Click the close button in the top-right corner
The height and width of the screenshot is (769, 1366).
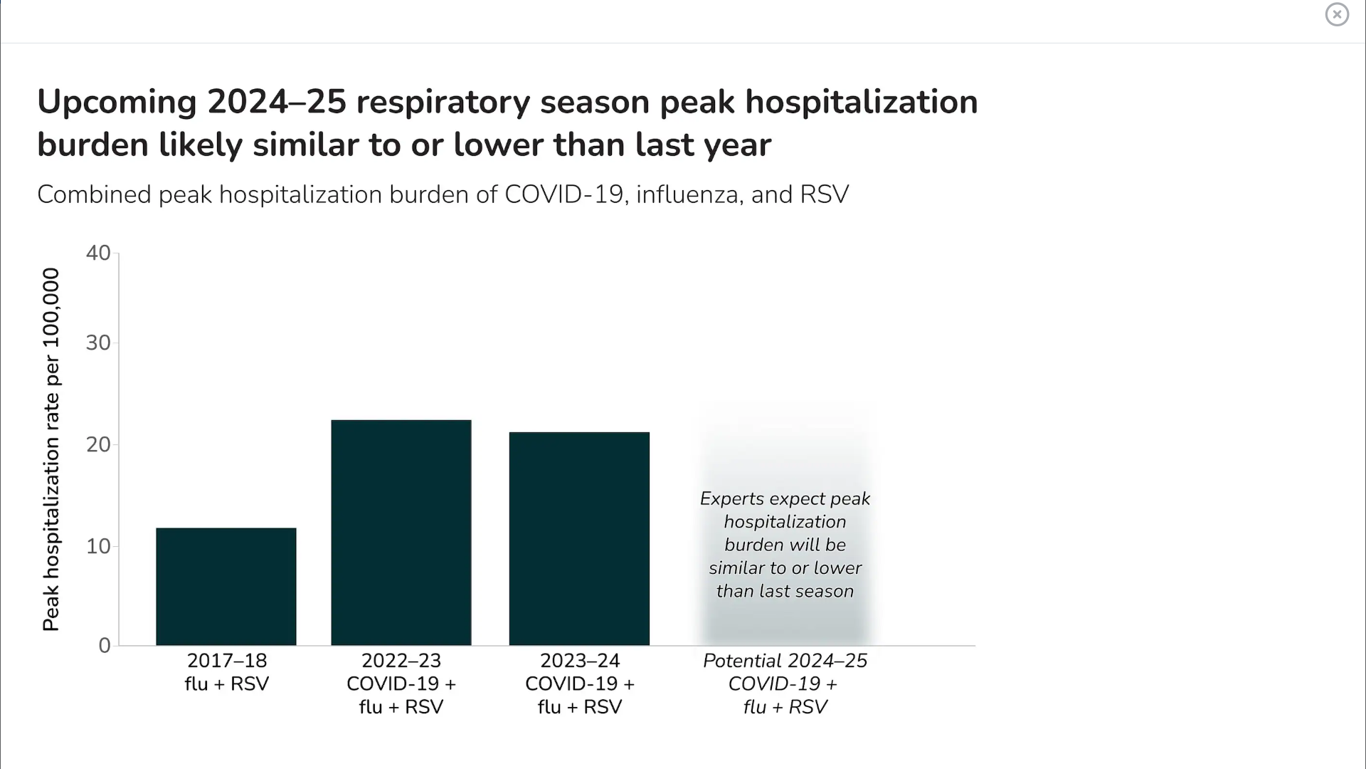click(x=1337, y=14)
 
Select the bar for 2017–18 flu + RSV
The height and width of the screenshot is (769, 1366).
click(x=226, y=587)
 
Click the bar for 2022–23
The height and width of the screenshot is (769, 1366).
click(x=401, y=533)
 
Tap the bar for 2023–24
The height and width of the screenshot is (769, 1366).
click(x=579, y=539)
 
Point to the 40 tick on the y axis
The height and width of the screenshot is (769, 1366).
click(x=98, y=253)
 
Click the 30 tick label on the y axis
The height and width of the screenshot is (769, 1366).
click(x=98, y=343)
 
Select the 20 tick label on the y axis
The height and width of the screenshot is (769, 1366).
click(x=98, y=445)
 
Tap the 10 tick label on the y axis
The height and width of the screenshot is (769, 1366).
click(x=98, y=547)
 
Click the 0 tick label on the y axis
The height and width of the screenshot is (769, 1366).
click(x=105, y=646)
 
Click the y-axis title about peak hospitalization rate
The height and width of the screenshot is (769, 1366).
click(x=51, y=449)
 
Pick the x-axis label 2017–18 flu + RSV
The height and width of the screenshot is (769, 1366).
click(x=226, y=672)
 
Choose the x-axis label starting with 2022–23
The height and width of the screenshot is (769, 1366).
click(x=401, y=684)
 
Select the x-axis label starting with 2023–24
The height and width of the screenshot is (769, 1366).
click(x=579, y=684)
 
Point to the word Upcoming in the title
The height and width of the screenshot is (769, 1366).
click(x=117, y=103)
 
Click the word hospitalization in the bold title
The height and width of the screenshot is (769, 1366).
click(x=862, y=103)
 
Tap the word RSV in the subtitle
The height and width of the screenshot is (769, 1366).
click(x=824, y=194)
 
